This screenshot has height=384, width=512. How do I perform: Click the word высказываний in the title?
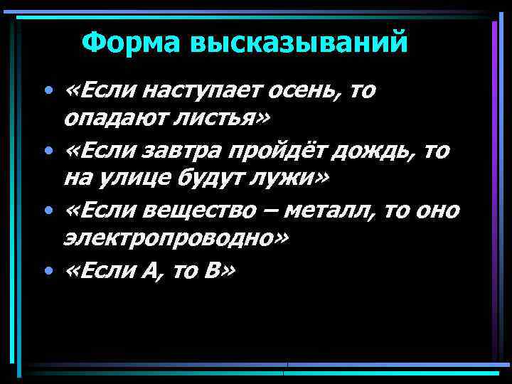pyautogui.click(x=298, y=43)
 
